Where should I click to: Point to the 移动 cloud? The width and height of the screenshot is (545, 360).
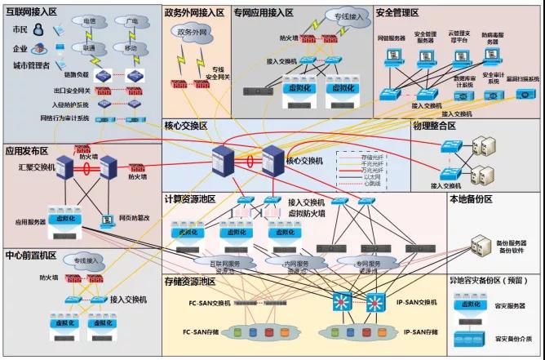[130, 48]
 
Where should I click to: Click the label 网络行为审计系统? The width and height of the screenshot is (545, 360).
[65, 118]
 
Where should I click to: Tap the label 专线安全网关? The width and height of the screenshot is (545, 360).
[219, 73]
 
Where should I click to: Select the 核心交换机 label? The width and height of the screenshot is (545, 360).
[306, 161]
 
